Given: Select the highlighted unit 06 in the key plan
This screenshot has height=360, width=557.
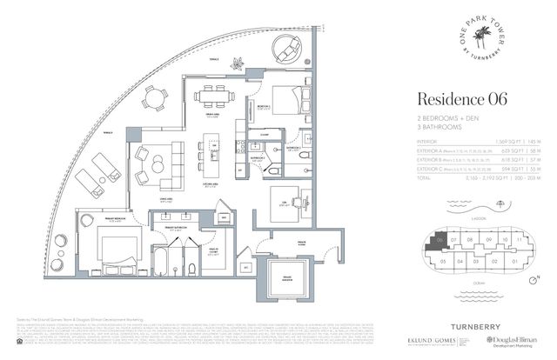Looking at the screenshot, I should (x=441, y=241).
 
